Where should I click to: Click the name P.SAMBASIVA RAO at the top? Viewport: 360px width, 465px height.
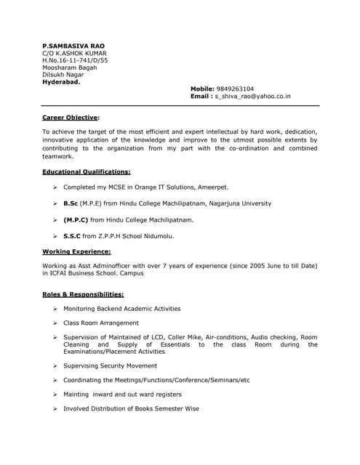click(x=73, y=44)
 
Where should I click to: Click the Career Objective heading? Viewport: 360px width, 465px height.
click(x=70, y=116)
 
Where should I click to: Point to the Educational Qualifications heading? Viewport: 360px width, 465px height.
click(x=87, y=172)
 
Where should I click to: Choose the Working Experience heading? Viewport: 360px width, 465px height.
click(x=76, y=251)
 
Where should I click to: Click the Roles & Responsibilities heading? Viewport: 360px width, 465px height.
click(x=83, y=294)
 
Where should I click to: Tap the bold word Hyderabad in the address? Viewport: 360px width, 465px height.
click(x=62, y=81)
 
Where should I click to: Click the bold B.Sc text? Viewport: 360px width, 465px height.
click(x=71, y=203)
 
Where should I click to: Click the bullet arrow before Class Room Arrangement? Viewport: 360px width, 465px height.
click(x=55, y=323)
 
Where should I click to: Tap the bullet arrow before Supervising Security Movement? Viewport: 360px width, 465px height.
click(x=55, y=366)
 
